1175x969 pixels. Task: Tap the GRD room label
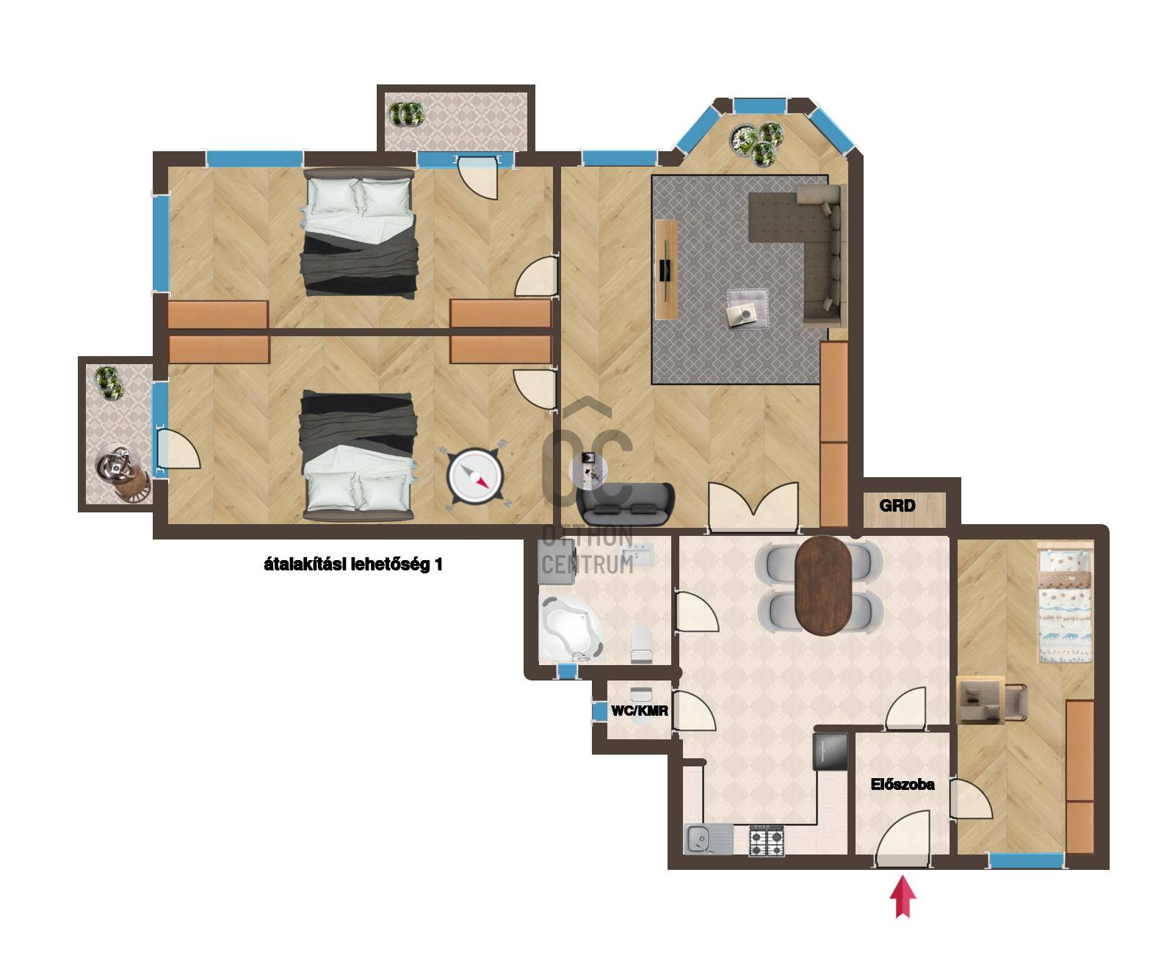[897, 505]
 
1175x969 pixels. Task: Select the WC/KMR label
[640, 711]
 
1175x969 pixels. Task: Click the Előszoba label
[903, 784]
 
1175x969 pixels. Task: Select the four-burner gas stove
[767, 841]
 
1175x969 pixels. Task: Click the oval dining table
[823, 585]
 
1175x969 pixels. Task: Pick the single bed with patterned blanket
[1064, 607]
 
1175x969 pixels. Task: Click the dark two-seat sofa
[625, 504]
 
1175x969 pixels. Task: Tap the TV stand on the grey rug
[666, 269]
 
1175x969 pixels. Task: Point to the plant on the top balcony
[406, 113]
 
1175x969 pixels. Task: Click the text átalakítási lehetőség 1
[352, 565]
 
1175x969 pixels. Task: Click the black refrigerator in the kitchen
[831, 751]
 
